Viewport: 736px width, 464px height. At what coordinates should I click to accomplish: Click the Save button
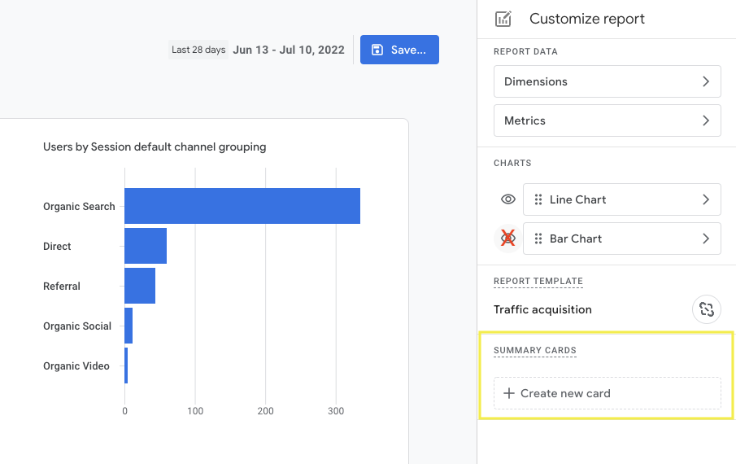[399, 50]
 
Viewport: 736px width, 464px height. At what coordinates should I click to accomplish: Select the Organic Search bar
[242, 206]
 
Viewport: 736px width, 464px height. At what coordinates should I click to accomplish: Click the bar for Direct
[146, 246]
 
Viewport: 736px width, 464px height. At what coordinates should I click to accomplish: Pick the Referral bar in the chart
[140, 286]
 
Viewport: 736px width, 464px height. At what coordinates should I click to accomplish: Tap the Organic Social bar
[128, 326]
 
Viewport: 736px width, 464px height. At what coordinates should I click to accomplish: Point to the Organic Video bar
[126, 366]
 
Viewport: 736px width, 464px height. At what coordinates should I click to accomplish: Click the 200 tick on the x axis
[265, 411]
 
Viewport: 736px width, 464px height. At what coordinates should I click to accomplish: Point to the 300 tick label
[336, 411]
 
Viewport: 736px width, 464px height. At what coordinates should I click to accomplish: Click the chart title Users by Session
[155, 147]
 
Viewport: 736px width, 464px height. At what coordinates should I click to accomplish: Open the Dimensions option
[607, 81]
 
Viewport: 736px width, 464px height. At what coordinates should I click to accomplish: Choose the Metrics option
[607, 120]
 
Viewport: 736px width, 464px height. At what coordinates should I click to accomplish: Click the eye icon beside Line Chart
[508, 199]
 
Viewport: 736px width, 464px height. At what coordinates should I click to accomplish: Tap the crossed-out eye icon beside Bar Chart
[508, 239]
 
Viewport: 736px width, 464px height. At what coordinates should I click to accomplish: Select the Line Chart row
[621, 199]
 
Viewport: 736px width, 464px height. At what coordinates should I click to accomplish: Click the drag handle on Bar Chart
[538, 239]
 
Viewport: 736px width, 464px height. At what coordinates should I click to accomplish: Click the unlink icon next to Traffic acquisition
[706, 309]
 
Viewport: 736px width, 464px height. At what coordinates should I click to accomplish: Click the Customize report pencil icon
[503, 19]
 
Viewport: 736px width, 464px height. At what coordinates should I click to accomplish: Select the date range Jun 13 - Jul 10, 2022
[289, 50]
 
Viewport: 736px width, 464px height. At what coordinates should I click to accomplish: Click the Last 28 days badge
[198, 50]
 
